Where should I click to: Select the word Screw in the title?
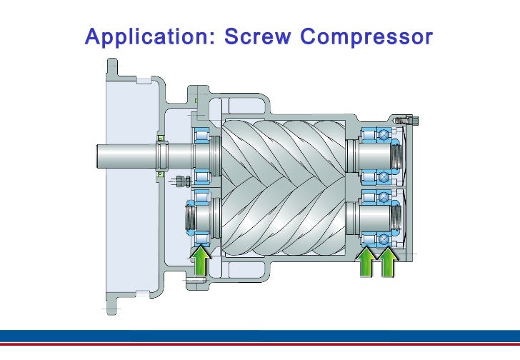click(258, 36)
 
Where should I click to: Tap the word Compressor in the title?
click(366, 37)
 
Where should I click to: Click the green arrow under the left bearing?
click(201, 261)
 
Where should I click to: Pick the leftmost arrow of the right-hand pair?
click(366, 262)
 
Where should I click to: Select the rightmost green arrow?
click(389, 262)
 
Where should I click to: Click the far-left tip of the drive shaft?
click(97, 156)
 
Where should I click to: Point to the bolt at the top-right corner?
click(406, 120)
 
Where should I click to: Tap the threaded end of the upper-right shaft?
click(397, 156)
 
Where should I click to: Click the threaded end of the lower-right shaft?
click(397, 217)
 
